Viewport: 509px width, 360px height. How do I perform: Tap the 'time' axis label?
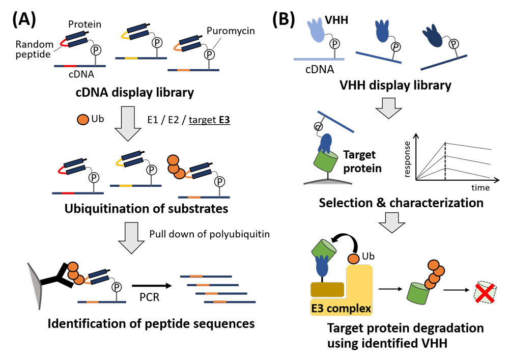point(479,187)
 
